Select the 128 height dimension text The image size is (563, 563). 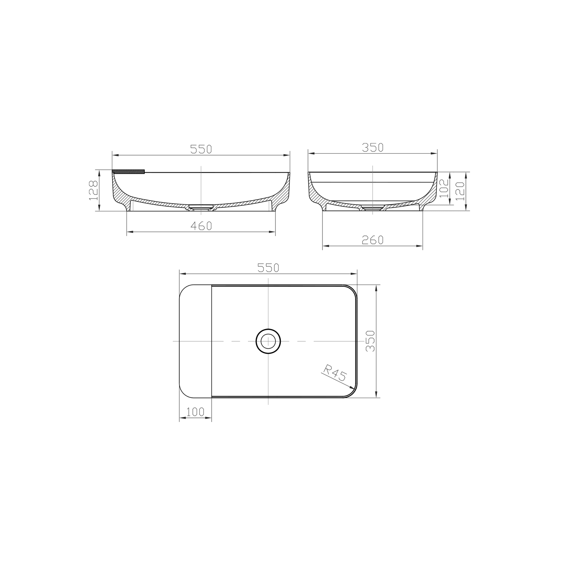(94, 190)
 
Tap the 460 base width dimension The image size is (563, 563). (201, 226)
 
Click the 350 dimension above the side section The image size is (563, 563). (373, 147)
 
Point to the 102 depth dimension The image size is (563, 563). (444, 187)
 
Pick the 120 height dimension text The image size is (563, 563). (460, 191)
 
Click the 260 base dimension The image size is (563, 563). (373, 240)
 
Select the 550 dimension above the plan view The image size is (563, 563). (268, 268)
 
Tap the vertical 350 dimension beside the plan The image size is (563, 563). (370, 341)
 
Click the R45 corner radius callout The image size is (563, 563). (334, 373)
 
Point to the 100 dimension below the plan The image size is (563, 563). (195, 412)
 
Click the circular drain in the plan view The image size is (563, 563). (268, 341)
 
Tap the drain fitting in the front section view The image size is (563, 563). (200, 207)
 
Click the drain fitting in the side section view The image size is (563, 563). (372, 208)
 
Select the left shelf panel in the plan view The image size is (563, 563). (196, 341)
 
